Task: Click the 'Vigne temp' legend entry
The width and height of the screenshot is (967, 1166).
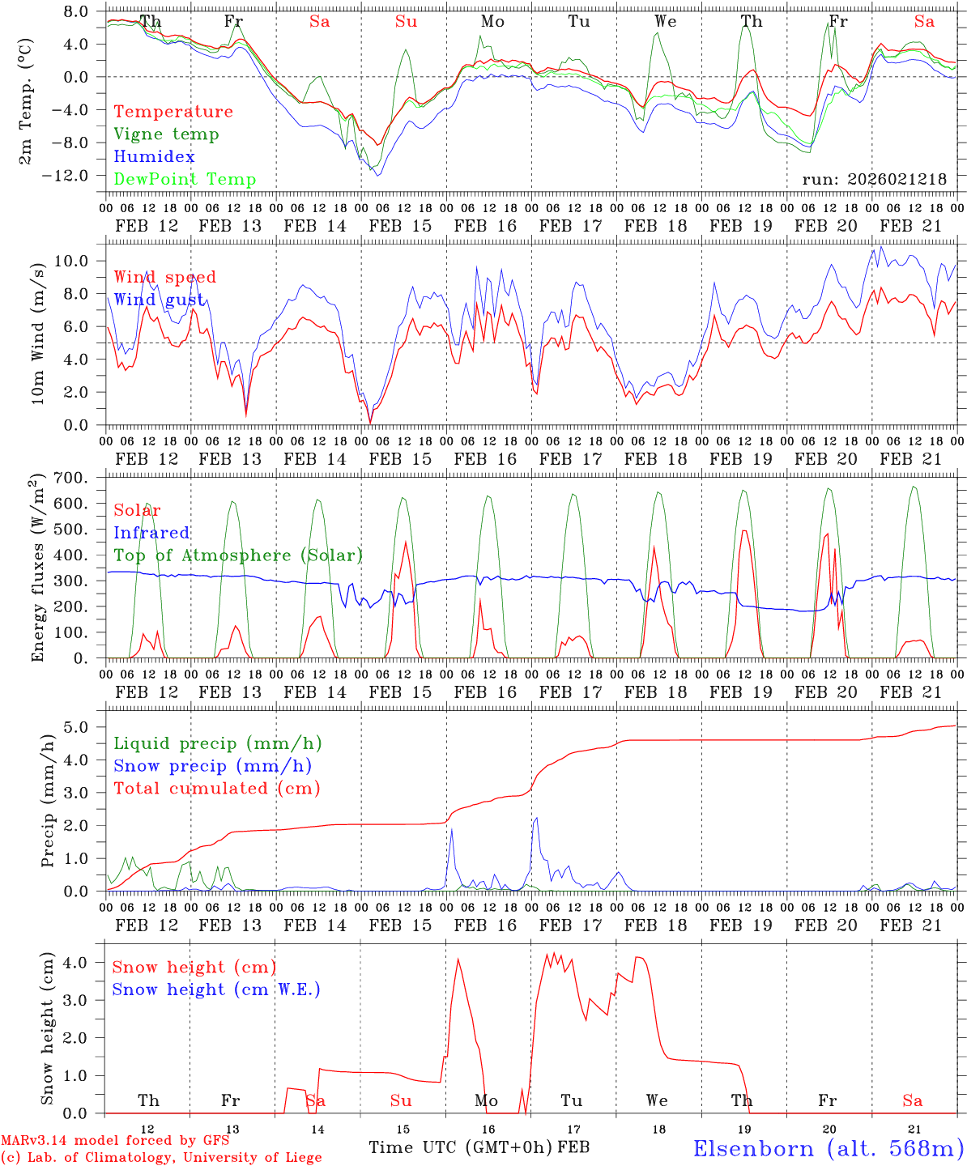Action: [166, 134]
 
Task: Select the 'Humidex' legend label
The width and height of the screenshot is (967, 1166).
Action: [154, 157]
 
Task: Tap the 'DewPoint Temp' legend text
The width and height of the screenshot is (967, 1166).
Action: [185, 180]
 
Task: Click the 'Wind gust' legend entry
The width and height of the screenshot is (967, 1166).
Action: [159, 300]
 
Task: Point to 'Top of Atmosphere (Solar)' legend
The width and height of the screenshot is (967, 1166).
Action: [238, 555]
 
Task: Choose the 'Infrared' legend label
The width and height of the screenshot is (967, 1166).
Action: [151, 533]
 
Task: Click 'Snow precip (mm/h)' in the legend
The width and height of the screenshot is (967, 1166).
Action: [212, 766]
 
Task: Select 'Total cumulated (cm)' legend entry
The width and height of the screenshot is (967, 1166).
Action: [216, 789]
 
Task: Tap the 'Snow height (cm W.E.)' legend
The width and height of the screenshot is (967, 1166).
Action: [216, 989]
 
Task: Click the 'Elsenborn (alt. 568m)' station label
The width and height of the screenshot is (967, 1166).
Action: [828, 1148]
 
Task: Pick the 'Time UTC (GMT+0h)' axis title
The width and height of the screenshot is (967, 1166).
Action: [461, 1147]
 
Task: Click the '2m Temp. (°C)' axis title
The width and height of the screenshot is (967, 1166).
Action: [27, 100]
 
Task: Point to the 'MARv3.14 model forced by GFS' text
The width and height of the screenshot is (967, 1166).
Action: [115, 1141]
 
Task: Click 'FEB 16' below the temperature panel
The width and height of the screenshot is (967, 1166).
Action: [485, 226]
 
